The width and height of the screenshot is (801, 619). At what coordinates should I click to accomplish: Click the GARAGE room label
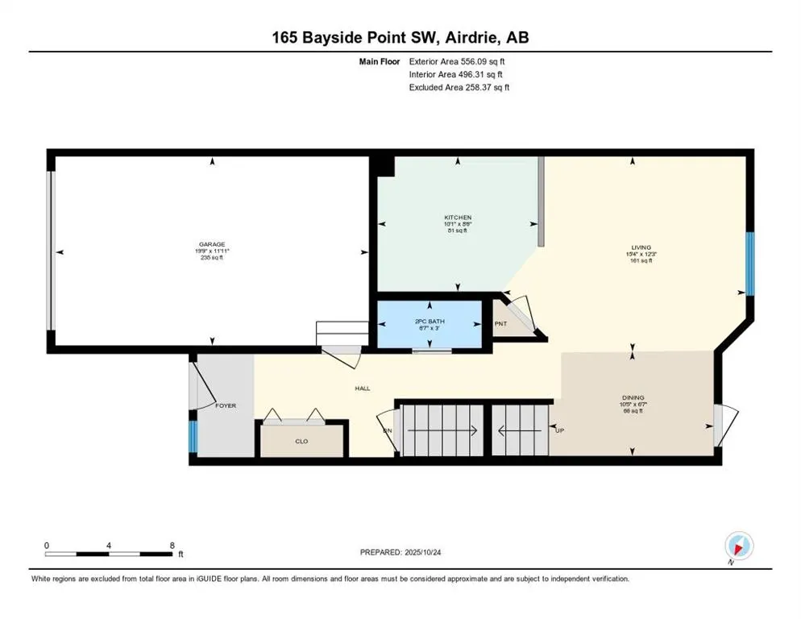click(x=213, y=244)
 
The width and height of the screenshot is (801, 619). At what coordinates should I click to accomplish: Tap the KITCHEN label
click(x=458, y=218)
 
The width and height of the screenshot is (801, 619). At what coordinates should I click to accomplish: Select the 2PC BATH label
click(x=430, y=322)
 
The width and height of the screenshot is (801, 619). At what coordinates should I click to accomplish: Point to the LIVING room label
click(x=641, y=247)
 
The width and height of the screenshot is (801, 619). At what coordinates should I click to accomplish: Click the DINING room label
click(x=633, y=397)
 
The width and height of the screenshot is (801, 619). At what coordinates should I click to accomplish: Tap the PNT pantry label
click(x=500, y=325)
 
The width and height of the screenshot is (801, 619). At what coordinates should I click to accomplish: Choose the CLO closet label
click(x=301, y=441)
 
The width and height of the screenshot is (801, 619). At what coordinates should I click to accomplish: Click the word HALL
click(x=363, y=388)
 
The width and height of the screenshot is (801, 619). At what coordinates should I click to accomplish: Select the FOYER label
click(x=226, y=405)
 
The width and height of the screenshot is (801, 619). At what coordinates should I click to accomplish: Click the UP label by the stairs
click(x=559, y=430)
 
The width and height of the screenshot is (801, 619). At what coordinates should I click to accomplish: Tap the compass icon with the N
click(x=738, y=546)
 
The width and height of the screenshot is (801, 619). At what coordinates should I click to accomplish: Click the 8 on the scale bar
click(x=172, y=546)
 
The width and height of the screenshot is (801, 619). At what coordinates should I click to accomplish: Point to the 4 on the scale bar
click(x=109, y=546)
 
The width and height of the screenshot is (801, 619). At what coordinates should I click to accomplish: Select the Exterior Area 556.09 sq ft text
click(x=458, y=61)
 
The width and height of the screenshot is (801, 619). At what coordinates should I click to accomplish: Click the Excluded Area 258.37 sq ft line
click(x=459, y=87)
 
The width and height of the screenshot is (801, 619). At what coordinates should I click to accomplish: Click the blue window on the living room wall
click(x=749, y=264)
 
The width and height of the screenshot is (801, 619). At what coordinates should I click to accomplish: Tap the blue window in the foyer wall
click(x=193, y=436)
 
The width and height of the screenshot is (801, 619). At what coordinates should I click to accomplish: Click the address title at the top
click(x=400, y=37)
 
